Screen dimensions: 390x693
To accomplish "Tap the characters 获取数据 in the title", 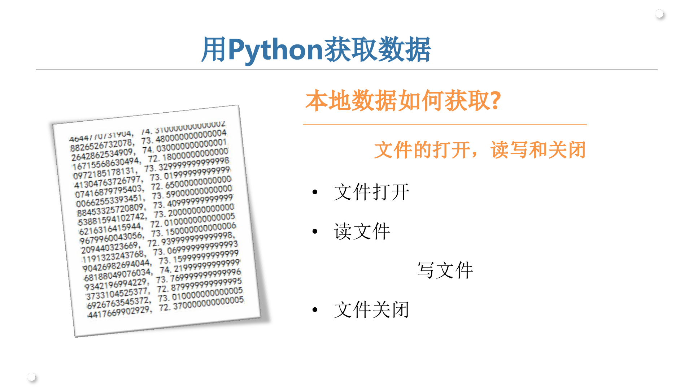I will coord(377,50).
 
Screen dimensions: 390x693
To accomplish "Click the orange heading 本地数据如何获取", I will coord(397,101).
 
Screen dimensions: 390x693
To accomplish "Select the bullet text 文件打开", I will coord(371,192).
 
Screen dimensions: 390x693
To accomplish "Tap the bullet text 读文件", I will coord(362,231).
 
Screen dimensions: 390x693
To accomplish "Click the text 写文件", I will coord(445,270).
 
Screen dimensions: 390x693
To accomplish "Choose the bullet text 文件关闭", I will coord(371,309).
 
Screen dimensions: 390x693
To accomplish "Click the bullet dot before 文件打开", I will coord(315,192).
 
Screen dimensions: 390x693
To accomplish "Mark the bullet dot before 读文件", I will coord(315,231).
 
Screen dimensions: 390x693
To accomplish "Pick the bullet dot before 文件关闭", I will coord(315,310).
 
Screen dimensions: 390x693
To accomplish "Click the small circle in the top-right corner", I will coord(659,14).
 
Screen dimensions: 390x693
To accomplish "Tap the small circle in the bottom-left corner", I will coord(31,377).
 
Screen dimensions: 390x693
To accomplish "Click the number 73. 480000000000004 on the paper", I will coord(184,137).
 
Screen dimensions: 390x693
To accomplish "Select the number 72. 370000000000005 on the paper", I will coord(201,304).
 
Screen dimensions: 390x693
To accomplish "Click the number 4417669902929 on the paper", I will coord(119,312).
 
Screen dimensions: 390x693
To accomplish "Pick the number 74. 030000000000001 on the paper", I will coord(184,146).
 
